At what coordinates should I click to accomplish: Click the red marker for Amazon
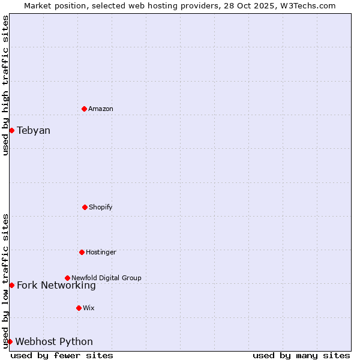pyautogui.click(x=84, y=109)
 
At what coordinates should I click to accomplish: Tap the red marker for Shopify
pyautogui.click(x=85, y=207)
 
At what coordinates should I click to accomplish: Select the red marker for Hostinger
pyautogui.click(x=82, y=252)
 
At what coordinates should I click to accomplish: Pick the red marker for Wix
pyautogui.click(x=79, y=308)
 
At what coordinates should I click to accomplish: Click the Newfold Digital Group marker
pyautogui.click(x=67, y=278)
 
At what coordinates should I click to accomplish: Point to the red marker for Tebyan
pyautogui.click(x=11, y=130)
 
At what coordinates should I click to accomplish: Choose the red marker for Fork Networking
pyautogui.click(x=11, y=285)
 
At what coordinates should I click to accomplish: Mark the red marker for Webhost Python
pyautogui.click(x=10, y=341)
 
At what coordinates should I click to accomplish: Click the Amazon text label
pyautogui.click(x=101, y=109)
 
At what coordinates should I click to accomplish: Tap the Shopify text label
pyautogui.click(x=101, y=207)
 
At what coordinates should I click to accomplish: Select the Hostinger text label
pyautogui.click(x=101, y=252)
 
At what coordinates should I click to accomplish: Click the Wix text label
pyautogui.click(x=89, y=308)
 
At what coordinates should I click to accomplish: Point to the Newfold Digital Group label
pyautogui.click(x=106, y=278)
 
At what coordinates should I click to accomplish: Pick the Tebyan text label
pyautogui.click(x=34, y=130)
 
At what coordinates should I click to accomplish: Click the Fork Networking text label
pyautogui.click(x=56, y=286)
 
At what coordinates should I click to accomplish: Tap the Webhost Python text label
pyautogui.click(x=54, y=342)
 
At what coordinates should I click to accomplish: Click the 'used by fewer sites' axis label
pyautogui.click(x=62, y=355)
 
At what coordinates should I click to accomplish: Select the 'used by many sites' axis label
pyautogui.click(x=301, y=355)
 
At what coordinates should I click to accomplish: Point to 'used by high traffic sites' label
pyautogui.click(x=5, y=85)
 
